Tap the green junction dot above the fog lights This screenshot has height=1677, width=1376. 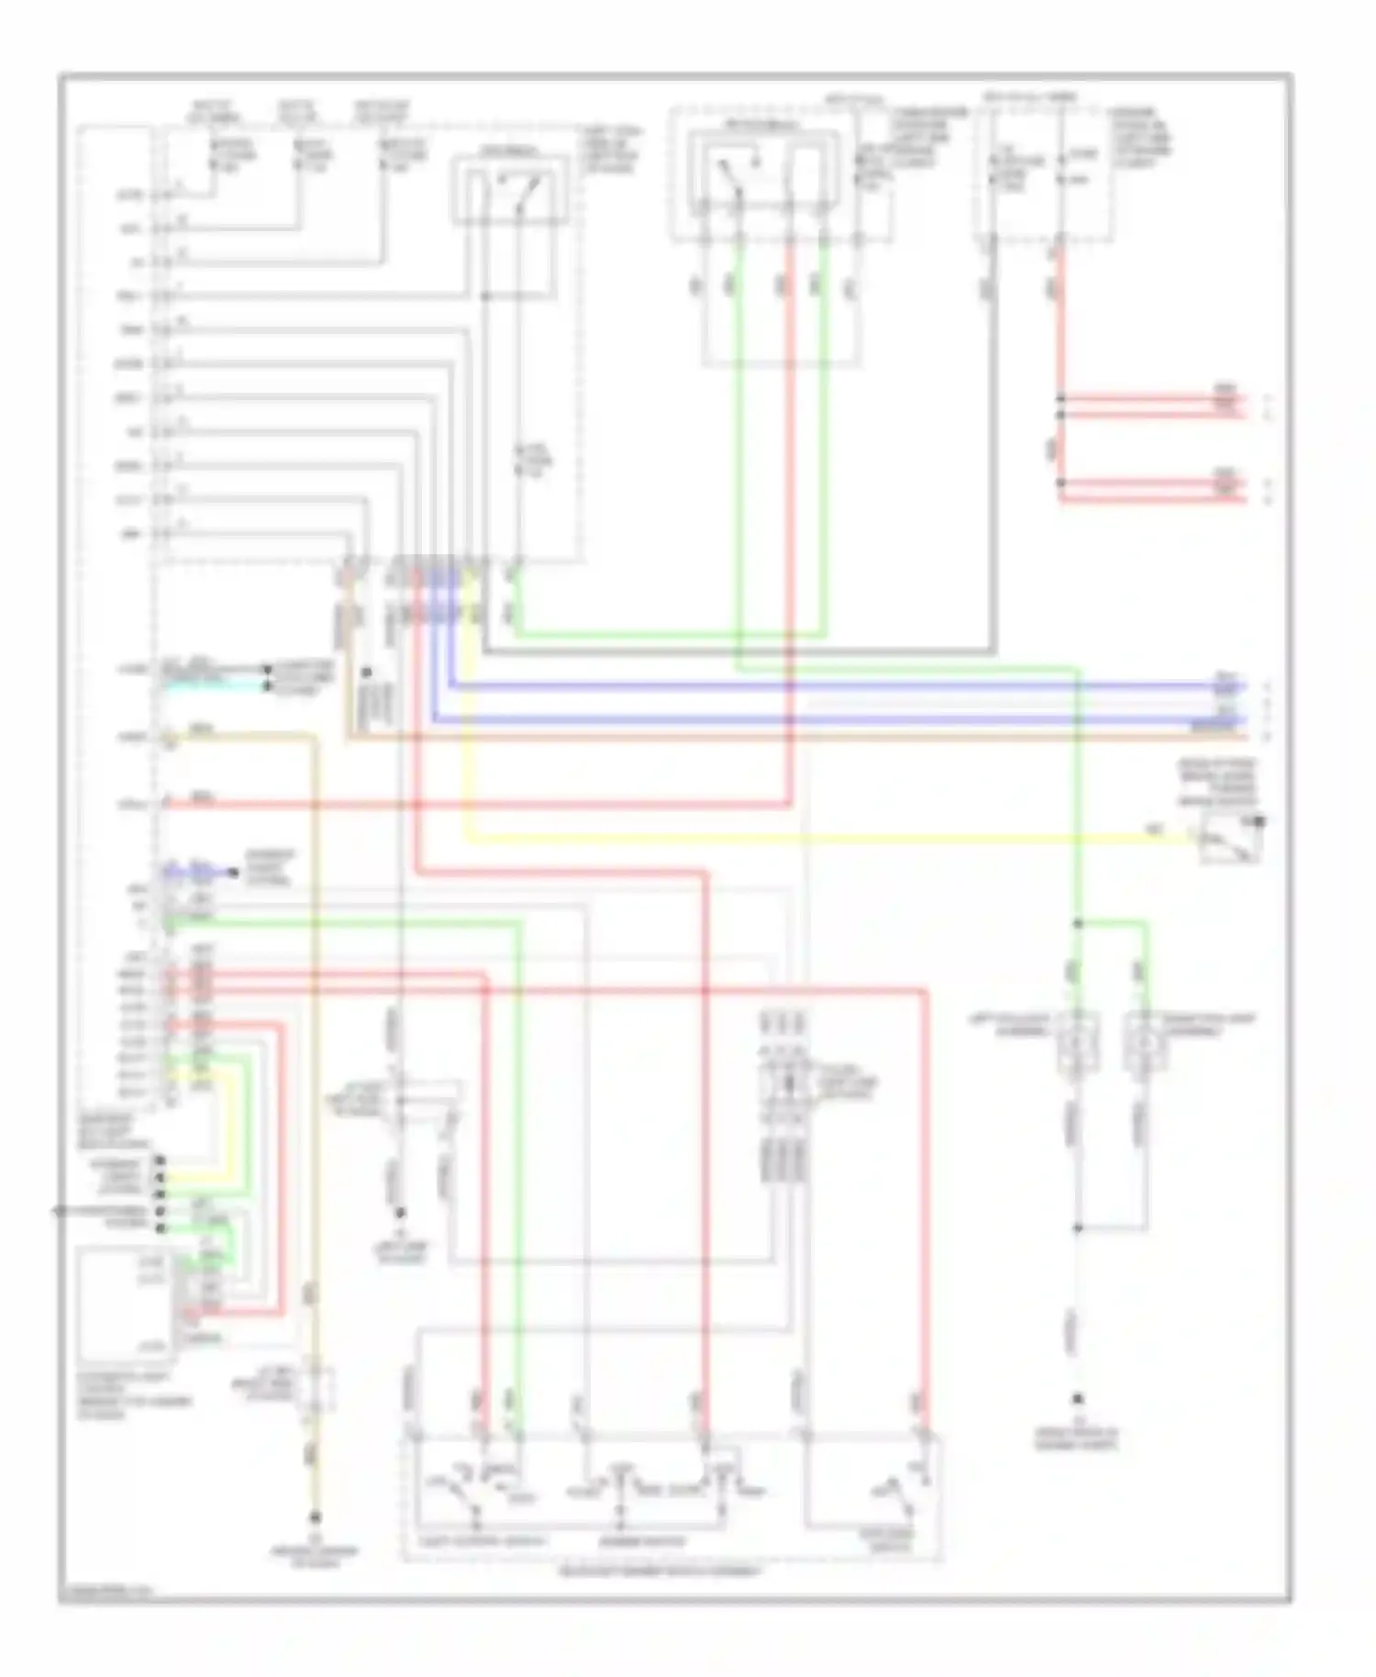1078,924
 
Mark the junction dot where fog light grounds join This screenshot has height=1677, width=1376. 1078,1227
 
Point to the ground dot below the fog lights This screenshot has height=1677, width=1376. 1078,1400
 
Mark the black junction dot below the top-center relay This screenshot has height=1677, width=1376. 485,296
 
